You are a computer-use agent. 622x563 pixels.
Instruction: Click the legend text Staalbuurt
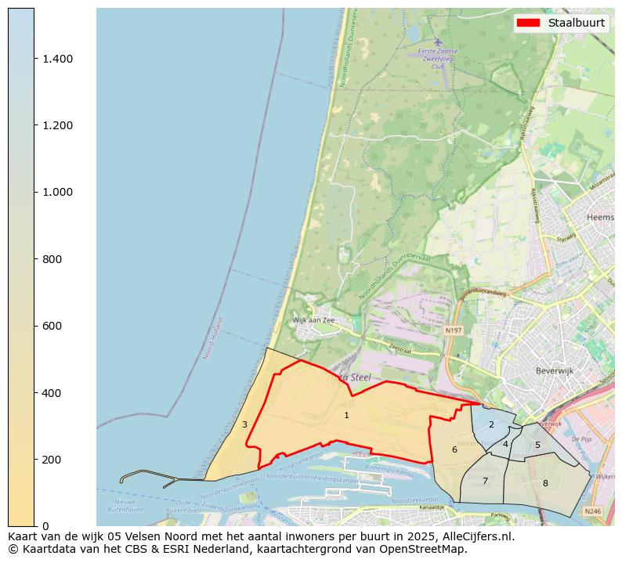(576, 23)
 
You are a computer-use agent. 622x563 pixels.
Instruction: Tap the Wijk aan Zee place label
(313, 320)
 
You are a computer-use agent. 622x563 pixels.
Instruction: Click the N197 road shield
(453, 330)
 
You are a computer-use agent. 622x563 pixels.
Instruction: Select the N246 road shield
(593, 511)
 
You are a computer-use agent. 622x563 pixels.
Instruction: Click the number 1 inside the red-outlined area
(346, 415)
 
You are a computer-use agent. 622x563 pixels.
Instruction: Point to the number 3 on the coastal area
(244, 424)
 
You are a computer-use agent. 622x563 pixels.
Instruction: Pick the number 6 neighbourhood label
(454, 449)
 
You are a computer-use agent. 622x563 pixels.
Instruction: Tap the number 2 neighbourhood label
(491, 424)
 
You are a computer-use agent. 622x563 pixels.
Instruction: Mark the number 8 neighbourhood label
(545, 483)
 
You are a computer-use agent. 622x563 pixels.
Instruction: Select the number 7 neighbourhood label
(485, 481)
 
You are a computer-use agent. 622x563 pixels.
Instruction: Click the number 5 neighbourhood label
(537, 445)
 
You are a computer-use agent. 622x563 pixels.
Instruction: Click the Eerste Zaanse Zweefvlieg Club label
(438, 60)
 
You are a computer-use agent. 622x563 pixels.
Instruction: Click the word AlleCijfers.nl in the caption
(474, 536)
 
